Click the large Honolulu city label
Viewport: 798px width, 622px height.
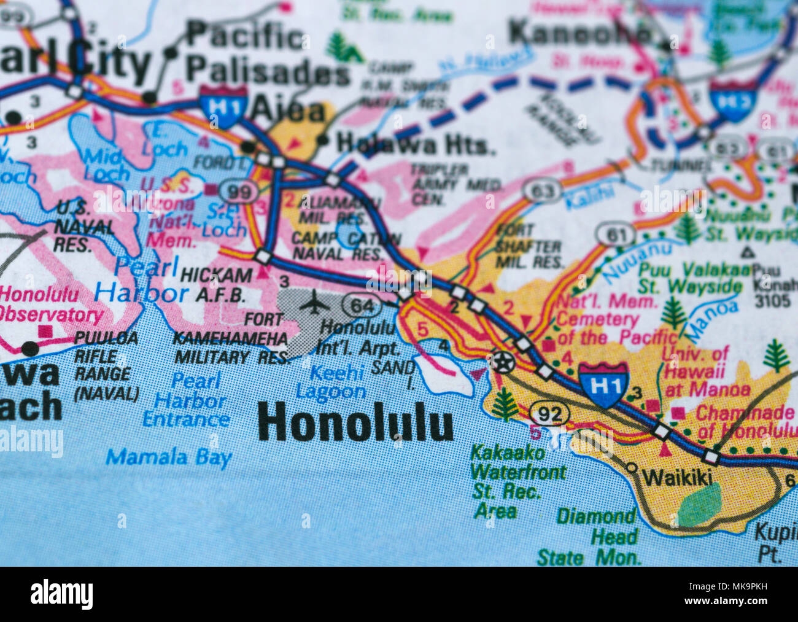355,422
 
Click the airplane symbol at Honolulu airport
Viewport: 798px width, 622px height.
314,303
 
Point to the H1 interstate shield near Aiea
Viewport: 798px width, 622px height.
223,107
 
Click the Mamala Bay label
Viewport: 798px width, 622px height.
169,457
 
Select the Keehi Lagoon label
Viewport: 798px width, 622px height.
330,381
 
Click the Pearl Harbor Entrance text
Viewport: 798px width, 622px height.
186,400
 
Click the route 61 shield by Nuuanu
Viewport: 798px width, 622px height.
614,235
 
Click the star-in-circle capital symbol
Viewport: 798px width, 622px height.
502,363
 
